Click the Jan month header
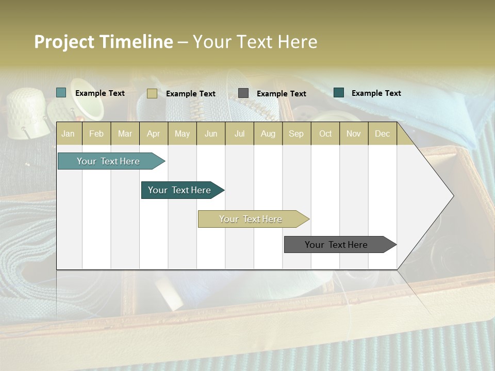pyautogui.click(x=69, y=133)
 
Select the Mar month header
pyautogui.click(x=125, y=133)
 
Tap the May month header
pyautogui.click(x=182, y=133)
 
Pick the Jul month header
pyautogui.click(x=239, y=133)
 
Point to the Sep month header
pyautogui.click(x=296, y=133)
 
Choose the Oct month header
pyautogui.click(x=325, y=133)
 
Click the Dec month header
pyautogui.click(x=382, y=133)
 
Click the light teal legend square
pyautogui.click(x=61, y=93)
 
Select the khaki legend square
pyautogui.click(x=152, y=93)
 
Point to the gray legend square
pyautogui.click(x=243, y=93)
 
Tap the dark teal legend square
pyautogui.click(x=339, y=93)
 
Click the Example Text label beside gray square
pyautogui.click(x=281, y=94)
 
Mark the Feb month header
pyautogui.click(x=96, y=133)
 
